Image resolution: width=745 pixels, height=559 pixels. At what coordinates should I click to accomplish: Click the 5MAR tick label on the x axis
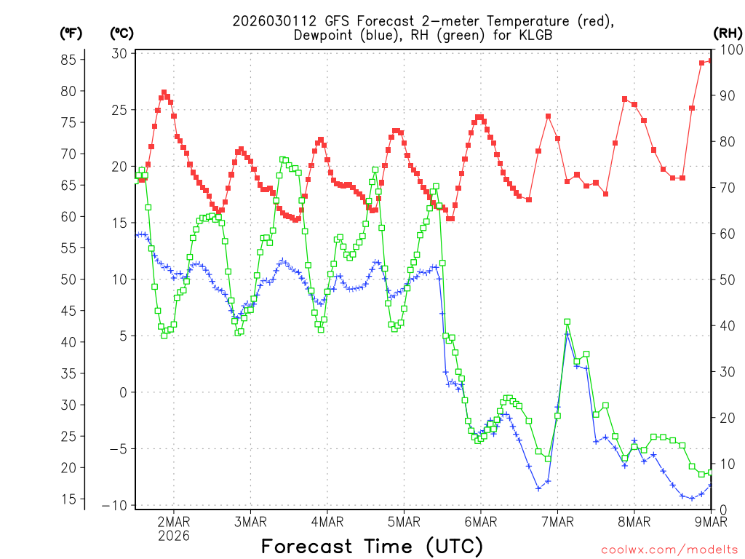pyautogui.click(x=404, y=521)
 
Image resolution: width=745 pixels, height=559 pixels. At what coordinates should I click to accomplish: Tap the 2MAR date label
pyautogui.click(x=174, y=521)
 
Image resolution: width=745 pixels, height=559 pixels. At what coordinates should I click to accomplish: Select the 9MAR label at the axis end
pyautogui.click(x=711, y=521)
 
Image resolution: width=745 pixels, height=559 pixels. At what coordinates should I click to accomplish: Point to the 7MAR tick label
pyautogui.click(x=557, y=521)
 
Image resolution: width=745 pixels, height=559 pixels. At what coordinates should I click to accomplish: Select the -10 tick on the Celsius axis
pyautogui.click(x=116, y=505)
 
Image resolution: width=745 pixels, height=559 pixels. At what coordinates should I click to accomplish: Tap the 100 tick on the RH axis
pyautogui.click(x=730, y=49)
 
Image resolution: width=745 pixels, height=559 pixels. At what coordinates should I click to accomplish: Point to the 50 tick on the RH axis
pyautogui.click(x=727, y=279)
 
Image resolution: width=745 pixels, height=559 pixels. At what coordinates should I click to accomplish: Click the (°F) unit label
pyautogui.click(x=71, y=33)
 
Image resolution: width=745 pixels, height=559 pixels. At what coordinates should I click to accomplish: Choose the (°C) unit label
pyautogui.click(x=121, y=33)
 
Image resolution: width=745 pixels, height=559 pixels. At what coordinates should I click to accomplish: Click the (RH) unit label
pyautogui.click(x=728, y=33)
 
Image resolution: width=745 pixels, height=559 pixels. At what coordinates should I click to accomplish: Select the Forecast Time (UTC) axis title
pyautogui.click(x=372, y=546)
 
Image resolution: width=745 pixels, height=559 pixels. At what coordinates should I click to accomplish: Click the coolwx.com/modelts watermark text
pyautogui.click(x=669, y=550)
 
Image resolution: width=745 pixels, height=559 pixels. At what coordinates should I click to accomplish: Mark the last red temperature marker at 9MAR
pyautogui.click(x=711, y=61)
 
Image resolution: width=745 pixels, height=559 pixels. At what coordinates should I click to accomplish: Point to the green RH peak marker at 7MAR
pyautogui.click(x=567, y=322)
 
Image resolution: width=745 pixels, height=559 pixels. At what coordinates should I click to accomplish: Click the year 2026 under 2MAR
pyautogui.click(x=174, y=536)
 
